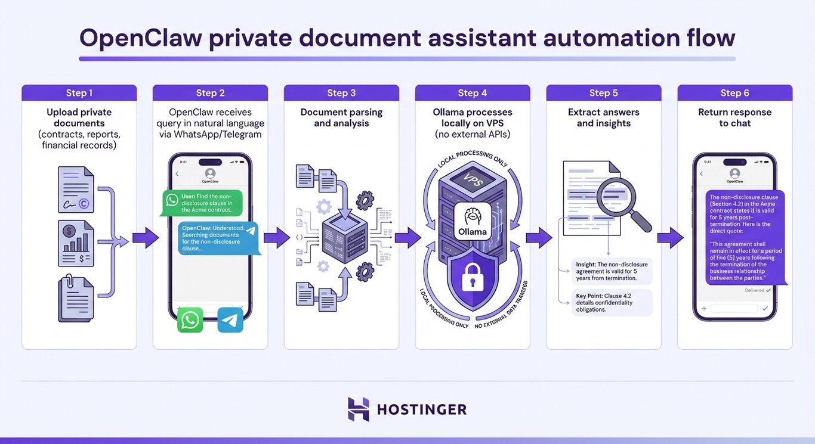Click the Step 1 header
coord(79,93)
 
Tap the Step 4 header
coord(473,93)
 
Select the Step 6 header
coord(734,93)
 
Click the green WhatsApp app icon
coord(190,320)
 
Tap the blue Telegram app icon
coord(230,320)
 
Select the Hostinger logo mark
coord(359,409)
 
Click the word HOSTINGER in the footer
coord(422,410)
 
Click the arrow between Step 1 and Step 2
coord(144,238)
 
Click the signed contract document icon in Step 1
coord(76,190)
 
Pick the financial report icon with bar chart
coord(76,243)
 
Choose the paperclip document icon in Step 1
coord(75,297)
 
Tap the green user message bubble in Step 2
coord(203,203)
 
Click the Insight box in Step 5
coord(611,271)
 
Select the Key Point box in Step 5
coord(611,302)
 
